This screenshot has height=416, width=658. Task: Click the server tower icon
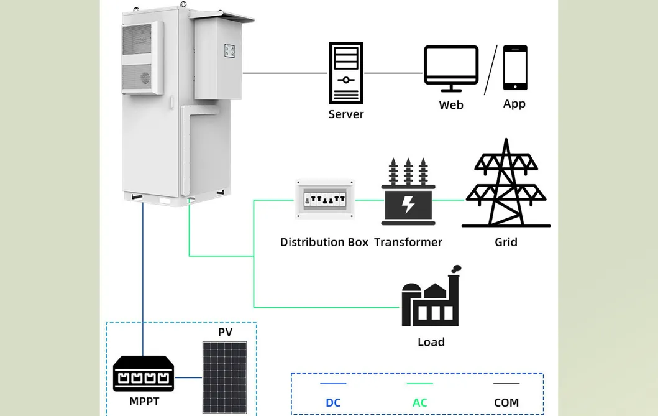click(x=345, y=73)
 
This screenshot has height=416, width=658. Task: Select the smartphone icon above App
click(x=514, y=68)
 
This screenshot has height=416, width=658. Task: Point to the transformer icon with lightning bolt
click(x=408, y=193)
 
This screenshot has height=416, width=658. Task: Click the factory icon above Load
click(x=431, y=300)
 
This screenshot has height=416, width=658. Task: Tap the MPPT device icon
click(x=144, y=374)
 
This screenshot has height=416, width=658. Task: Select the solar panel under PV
click(x=225, y=377)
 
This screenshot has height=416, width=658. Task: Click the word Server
click(x=345, y=114)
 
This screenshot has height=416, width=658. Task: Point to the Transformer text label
click(x=408, y=243)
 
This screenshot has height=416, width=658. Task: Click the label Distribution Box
click(x=324, y=243)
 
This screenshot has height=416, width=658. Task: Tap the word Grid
click(x=506, y=243)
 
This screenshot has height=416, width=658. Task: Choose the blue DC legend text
click(x=333, y=403)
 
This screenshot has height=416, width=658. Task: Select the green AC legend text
click(x=419, y=403)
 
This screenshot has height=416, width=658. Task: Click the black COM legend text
click(x=506, y=403)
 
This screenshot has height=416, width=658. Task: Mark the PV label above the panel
click(x=225, y=332)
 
